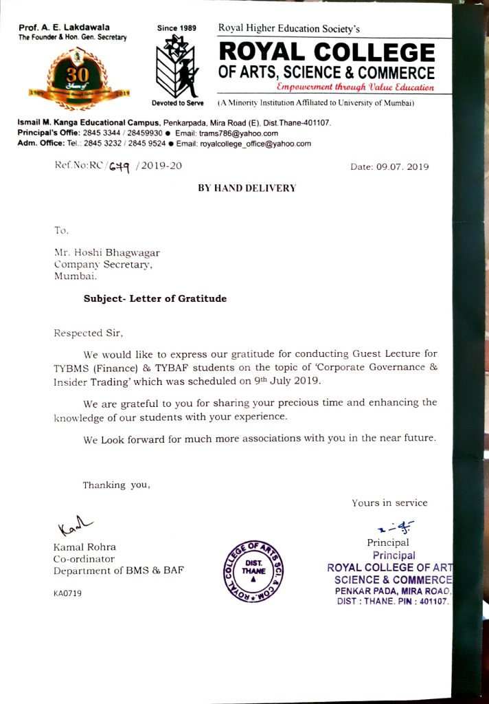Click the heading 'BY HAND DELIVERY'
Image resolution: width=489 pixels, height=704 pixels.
[247, 188]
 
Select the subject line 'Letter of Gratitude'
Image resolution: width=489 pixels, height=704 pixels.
[155, 298]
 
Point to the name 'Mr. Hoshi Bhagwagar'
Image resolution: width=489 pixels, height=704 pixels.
[106, 253]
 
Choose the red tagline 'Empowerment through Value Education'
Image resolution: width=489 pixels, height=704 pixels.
[355, 87]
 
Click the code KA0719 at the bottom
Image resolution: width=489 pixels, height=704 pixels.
[67, 593]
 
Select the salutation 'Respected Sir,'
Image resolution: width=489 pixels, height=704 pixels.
[89, 333]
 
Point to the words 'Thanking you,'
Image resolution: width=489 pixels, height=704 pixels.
[116, 485]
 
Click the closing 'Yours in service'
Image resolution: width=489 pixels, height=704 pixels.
[389, 503]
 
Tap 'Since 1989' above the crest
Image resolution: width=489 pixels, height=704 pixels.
[177, 28]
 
